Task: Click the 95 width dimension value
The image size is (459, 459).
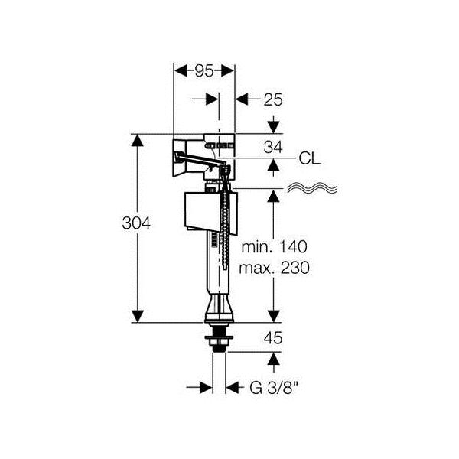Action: (204, 71)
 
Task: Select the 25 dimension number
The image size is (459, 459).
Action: (273, 99)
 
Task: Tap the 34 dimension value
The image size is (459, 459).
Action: (273, 147)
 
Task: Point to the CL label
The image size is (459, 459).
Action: (309, 159)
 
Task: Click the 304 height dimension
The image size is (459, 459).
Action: (136, 223)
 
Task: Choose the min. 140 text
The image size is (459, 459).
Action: (275, 247)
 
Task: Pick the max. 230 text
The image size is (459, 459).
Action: (274, 268)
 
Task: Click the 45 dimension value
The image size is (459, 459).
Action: (273, 338)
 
